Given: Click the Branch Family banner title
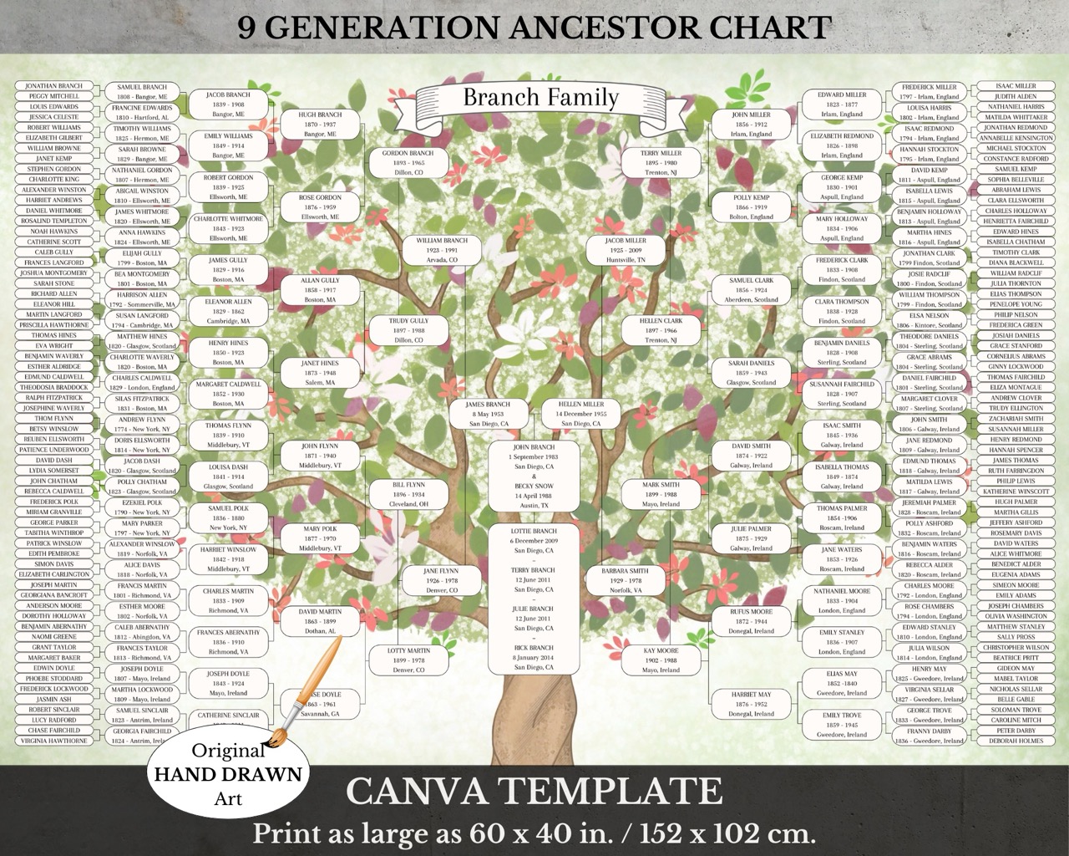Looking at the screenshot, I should [x=540, y=98].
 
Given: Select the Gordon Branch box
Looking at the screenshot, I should [x=408, y=163].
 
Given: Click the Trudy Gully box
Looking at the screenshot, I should [x=408, y=330].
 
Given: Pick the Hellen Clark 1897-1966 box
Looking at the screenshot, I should [x=661, y=330].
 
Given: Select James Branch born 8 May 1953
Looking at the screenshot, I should [x=487, y=414].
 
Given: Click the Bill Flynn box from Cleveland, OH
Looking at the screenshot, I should [x=408, y=494].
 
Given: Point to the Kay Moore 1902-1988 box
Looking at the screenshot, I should [x=661, y=660].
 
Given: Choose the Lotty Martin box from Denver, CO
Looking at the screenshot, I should [x=408, y=660].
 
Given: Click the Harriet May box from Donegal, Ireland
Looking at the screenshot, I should [x=751, y=704].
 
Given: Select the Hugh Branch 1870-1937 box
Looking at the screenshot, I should [x=320, y=125].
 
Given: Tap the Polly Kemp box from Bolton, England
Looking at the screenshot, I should [x=751, y=206].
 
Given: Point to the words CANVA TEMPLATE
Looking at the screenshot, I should [x=534, y=791].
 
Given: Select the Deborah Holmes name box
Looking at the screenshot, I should [x=1016, y=741].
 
